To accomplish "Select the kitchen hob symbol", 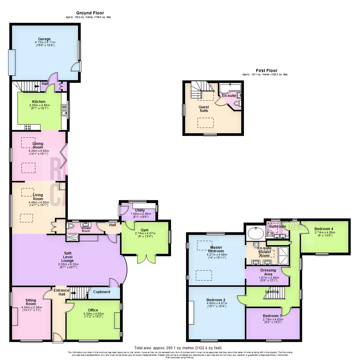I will click(27, 127).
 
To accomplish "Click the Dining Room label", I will click(38, 145).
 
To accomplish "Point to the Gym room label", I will click(144, 230).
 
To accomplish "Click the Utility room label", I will click(138, 210).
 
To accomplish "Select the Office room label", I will click(93, 310).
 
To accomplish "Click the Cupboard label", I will click(101, 292).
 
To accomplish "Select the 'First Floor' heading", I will click(266, 70).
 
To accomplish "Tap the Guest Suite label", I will click(204, 109).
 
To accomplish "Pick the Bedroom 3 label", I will click(272, 316).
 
